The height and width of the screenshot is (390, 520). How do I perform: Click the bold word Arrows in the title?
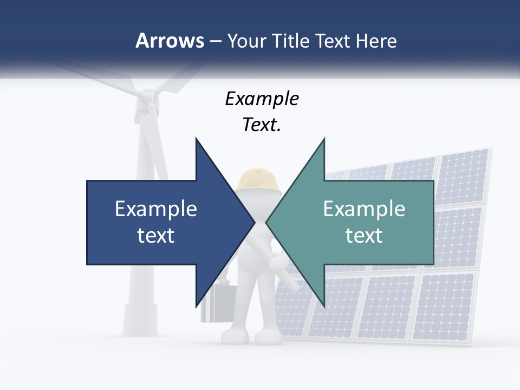(x=169, y=41)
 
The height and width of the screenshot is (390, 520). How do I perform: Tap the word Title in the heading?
(x=288, y=41)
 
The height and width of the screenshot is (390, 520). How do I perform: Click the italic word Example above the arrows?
(x=262, y=99)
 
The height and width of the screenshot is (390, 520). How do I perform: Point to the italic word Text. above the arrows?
(x=262, y=125)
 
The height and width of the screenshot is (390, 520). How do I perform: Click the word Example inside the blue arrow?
(x=156, y=209)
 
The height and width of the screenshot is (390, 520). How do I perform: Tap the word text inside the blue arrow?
(x=156, y=236)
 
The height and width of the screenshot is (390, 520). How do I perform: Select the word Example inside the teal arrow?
(x=364, y=209)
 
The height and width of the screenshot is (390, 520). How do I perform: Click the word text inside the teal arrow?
(x=364, y=236)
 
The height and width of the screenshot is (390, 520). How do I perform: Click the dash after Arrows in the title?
(x=214, y=41)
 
